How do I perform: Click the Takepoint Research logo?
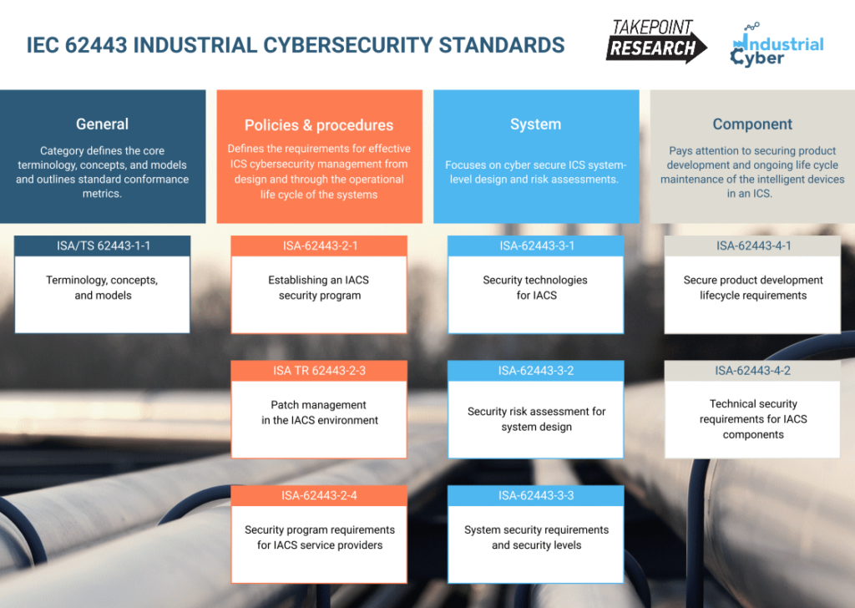(x=656, y=41)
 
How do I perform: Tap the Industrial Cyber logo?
(x=777, y=46)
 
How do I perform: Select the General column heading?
(x=103, y=124)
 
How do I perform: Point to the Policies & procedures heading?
(x=319, y=125)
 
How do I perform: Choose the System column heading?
(x=535, y=124)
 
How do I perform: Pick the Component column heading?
(x=752, y=124)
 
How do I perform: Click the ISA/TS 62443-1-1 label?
(x=103, y=246)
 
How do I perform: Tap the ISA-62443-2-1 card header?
(x=320, y=246)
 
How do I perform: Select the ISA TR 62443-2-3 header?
(x=320, y=371)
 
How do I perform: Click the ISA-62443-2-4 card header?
(x=320, y=495)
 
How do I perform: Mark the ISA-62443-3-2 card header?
(x=536, y=371)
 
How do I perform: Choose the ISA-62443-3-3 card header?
(x=536, y=495)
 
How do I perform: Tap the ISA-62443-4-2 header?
(x=753, y=371)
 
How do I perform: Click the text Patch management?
(x=318, y=405)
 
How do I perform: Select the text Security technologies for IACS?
(x=535, y=287)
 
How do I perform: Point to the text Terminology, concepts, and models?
(x=103, y=287)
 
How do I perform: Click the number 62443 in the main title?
(x=96, y=45)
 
